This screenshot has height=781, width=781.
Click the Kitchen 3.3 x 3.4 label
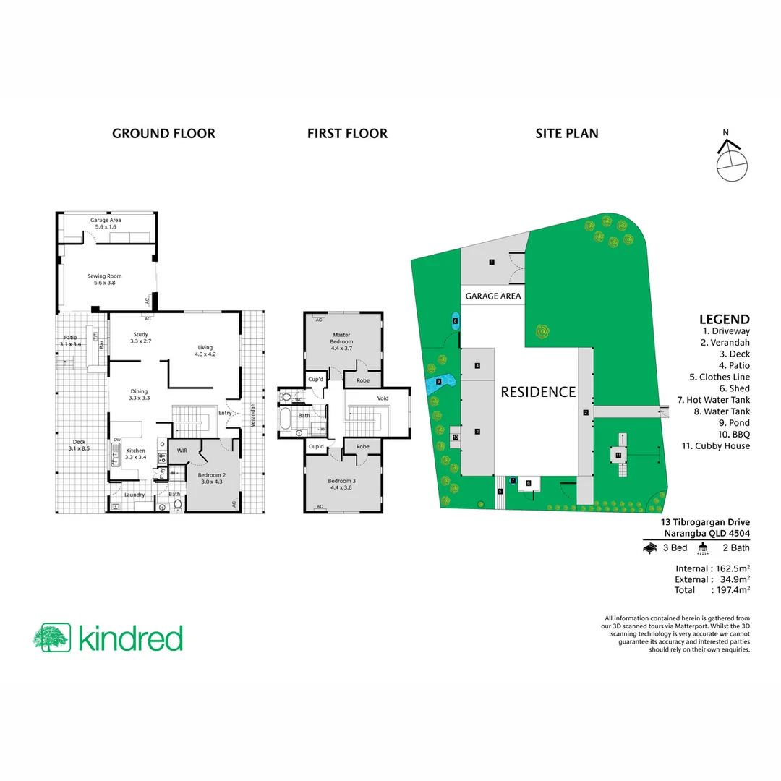[136, 453]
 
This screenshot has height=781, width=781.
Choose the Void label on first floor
[383, 398]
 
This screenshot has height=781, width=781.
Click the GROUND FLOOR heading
[163, 133]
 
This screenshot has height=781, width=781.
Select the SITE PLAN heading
[566, 133]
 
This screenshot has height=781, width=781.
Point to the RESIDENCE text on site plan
[539, 392]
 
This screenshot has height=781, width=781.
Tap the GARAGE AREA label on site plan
[492, 296]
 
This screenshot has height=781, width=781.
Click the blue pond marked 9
[440, 381]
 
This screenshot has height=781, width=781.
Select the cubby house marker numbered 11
[618, 455]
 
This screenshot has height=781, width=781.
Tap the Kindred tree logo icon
[51, 637]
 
